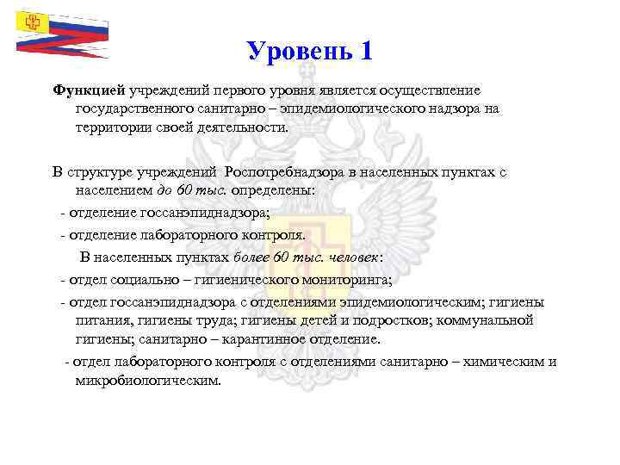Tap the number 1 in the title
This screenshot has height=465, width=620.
(x=366, y=51)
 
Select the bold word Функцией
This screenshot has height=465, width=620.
(x=90, y=90)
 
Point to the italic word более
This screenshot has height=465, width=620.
(x=255, y=257)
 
